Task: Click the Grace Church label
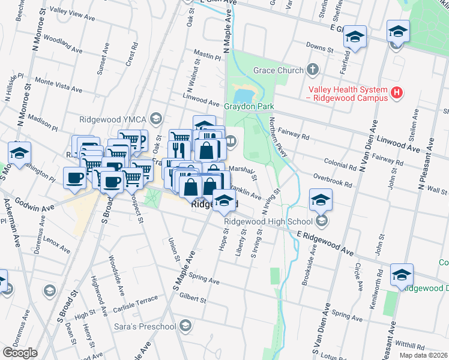tap(278, 71)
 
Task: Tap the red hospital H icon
tap(396, 92)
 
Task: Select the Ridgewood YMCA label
tap(113, 118)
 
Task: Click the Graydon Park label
tap(249, 107)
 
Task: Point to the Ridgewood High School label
tap(268, 221)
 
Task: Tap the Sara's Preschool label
tap(145, 327)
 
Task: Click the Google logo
tap(20, 353)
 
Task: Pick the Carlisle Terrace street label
tap(135, 304)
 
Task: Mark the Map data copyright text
tap(424, 355)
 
